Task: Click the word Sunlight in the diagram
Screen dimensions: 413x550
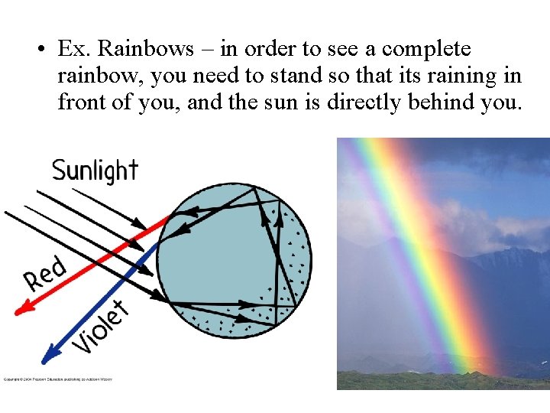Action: tap(95, 170)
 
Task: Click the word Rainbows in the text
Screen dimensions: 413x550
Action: tap(147, 49)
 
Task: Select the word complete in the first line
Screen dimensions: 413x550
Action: tap(426, 49)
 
